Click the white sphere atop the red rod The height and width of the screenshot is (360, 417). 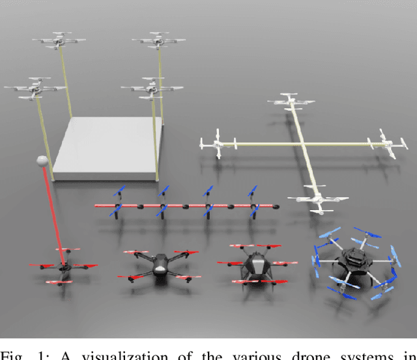(x=42, y=161)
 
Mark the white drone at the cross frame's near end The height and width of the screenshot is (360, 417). (x=317, y=198)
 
